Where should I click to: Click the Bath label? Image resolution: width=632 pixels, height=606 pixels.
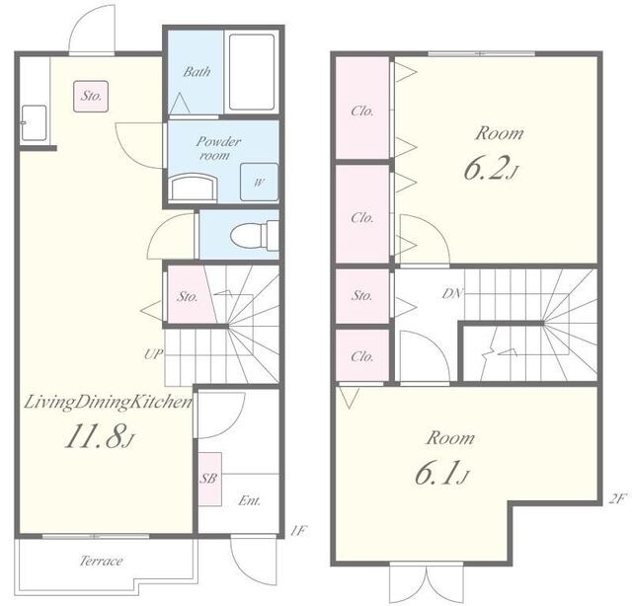click(x=197, y=72)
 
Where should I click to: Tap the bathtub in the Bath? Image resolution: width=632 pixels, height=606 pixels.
click(x=252, y=72)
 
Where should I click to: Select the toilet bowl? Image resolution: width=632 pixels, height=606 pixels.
click(x=255, y=235)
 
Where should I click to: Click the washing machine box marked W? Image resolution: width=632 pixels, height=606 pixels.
click(x=259, y=183)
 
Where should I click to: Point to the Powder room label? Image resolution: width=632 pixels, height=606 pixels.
click(x=218, y=148)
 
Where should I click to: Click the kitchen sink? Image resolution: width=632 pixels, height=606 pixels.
click(x=34, y=122)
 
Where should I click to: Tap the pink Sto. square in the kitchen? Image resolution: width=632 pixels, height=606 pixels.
click(x=91, y=96)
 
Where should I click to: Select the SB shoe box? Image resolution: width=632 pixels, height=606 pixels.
click(x=209, y=479)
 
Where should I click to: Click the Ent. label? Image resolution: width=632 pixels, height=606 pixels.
click(x=250, y=500)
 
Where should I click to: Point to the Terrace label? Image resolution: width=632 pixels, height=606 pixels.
click(x=101, y=561)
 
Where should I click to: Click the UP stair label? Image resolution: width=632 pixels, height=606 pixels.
click(x=154, y=354)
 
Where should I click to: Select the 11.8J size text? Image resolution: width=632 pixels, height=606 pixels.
click(x=99, y=436)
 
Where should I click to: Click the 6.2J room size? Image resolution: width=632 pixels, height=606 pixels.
click(x=490, y=168)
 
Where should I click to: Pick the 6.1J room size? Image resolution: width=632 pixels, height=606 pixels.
click(x=441, y=473)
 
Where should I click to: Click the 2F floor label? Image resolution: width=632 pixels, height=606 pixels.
click(x=616, y=499)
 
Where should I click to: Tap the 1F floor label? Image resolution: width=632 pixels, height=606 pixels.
click(x=298, y=531)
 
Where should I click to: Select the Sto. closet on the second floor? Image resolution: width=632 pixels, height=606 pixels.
click(x=362, y=296)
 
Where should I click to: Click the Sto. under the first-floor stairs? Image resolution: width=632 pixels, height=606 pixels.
click(x=188, y=297)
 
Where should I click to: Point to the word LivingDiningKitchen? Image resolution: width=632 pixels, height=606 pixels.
click(x=108, y=402)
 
